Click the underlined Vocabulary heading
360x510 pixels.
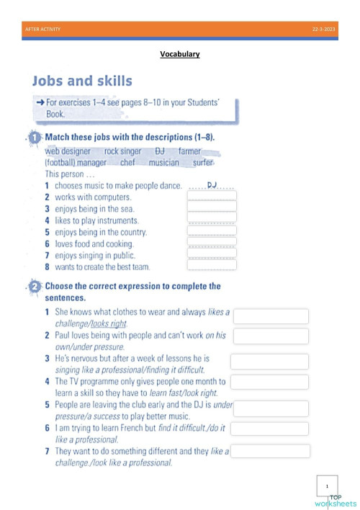(179, 54)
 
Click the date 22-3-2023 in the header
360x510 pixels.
(323, 29)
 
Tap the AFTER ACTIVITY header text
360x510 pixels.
(43, 29)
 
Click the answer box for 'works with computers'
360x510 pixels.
(212, 196)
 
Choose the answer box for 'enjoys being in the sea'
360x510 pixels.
(212, 207)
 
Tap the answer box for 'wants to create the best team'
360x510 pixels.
(212, 265)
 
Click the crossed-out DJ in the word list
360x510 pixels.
(160, 151)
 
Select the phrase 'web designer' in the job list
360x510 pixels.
(68, 151)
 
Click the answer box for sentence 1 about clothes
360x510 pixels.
(271, 317)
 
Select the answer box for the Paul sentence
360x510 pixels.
(271, 336)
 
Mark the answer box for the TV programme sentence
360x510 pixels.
(269, 382)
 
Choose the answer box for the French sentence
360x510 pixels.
(271, 429)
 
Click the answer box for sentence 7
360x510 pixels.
(271, 452)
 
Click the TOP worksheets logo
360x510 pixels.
(343, 500)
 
